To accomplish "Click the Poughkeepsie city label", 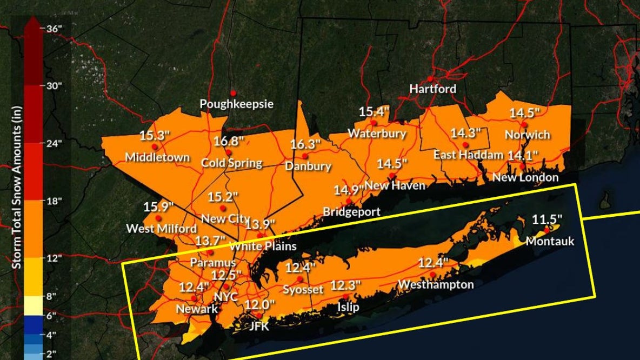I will click(237, 104).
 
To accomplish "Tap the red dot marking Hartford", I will click(430, 79).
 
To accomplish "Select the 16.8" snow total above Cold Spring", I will click(229, 141).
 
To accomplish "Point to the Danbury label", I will click(308, 166).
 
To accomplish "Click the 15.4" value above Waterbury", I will click(375, 112).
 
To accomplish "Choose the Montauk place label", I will click(550, 241).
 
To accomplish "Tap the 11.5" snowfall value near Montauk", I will click(547, 219).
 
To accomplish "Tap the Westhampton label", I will click(436, 284).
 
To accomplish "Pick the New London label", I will click(525, 177).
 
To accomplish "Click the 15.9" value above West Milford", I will click(158, 206).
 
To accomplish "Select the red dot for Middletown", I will click(155, 146).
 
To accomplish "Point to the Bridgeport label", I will click(351, 211).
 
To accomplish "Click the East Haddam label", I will click(468, 155).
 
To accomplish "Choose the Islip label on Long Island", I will click(349, 306).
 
